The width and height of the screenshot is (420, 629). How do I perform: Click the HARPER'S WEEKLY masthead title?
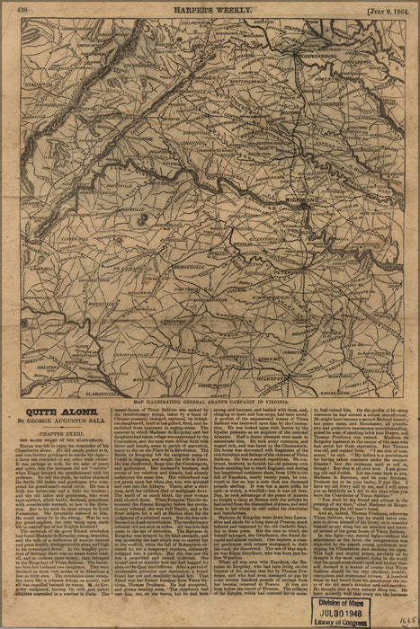click(210, 10)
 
